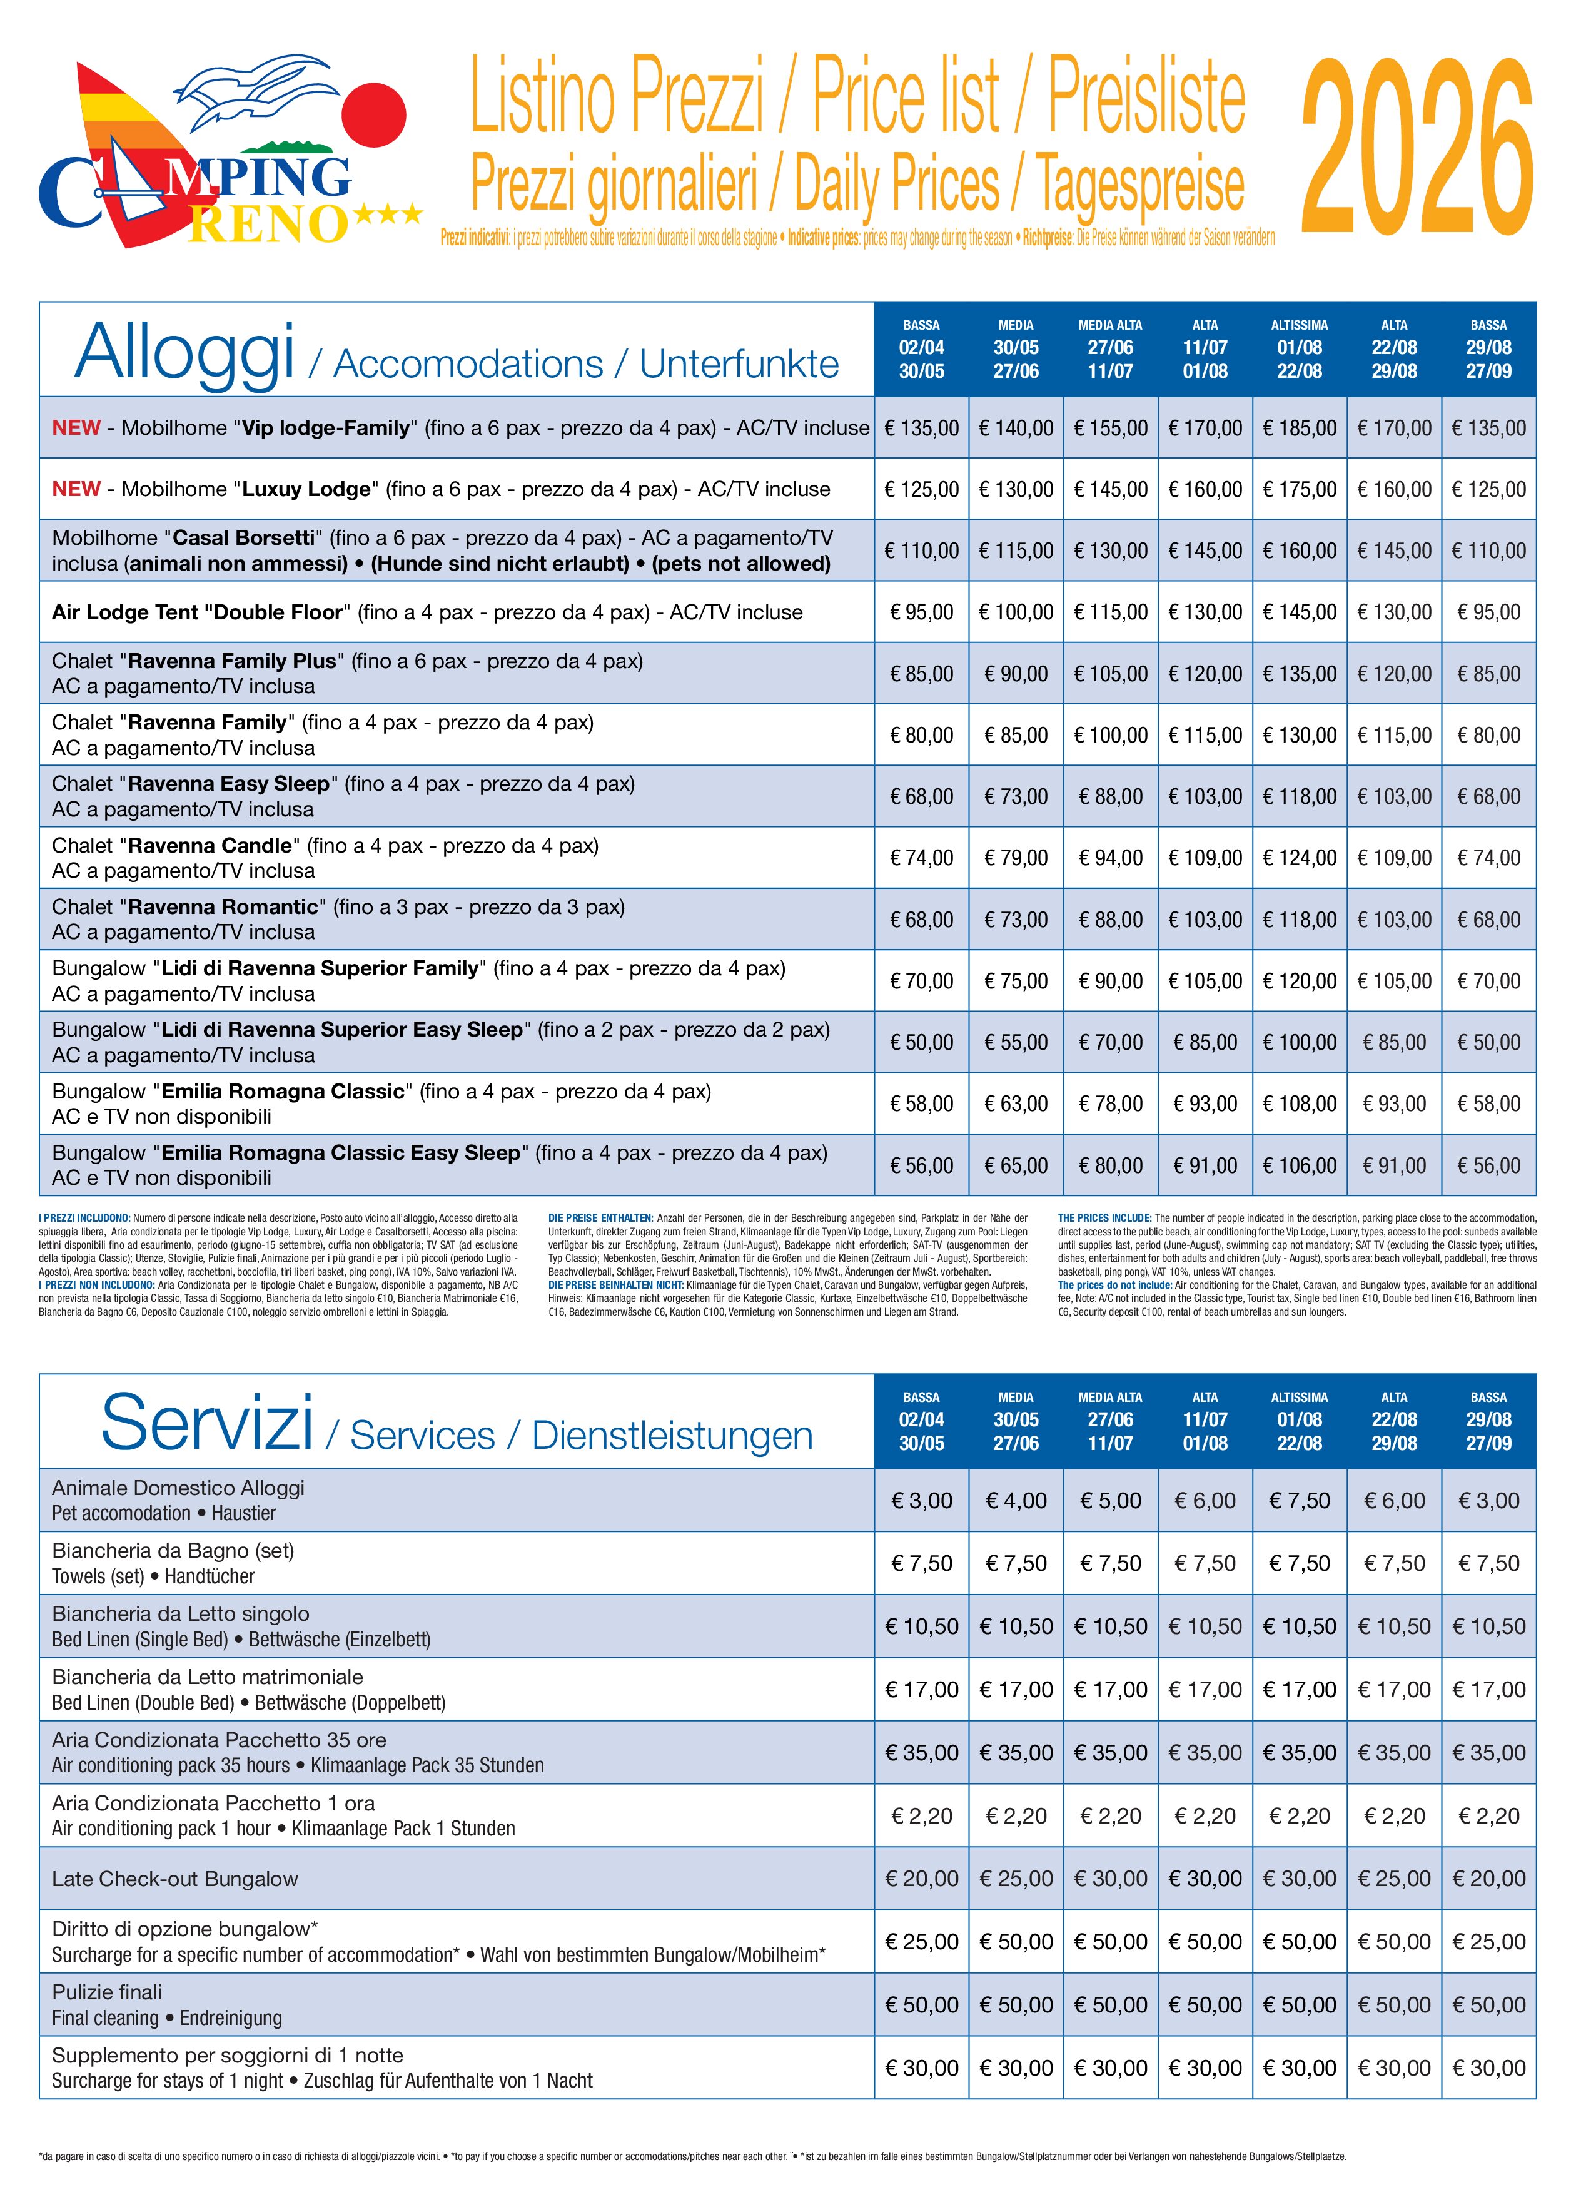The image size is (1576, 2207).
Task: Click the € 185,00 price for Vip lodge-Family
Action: [1300, 428]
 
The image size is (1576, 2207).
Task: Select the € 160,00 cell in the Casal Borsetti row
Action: [1300, 550]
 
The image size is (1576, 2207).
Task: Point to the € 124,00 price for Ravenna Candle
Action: [1300, 858]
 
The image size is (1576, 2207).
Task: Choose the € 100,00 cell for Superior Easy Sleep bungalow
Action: [1300, 1042]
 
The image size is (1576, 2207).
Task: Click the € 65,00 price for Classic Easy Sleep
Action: [1016, 1165]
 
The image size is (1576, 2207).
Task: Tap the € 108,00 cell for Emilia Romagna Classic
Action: [1300, 1103]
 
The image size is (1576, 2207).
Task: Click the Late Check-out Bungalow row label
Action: [174, 1879]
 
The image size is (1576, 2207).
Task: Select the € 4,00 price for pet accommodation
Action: [1016, 1501]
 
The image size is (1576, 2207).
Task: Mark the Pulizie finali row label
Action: [107, 1992]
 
